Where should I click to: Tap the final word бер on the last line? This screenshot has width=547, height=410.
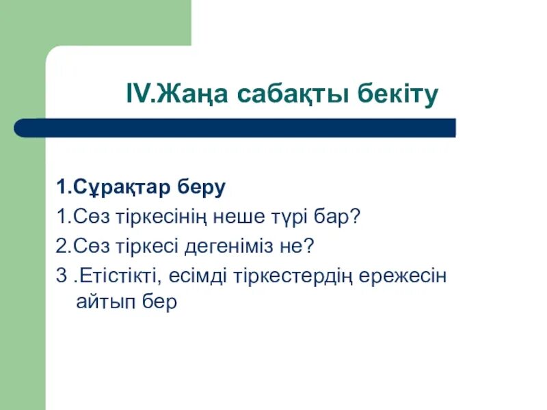pos(159,303)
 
